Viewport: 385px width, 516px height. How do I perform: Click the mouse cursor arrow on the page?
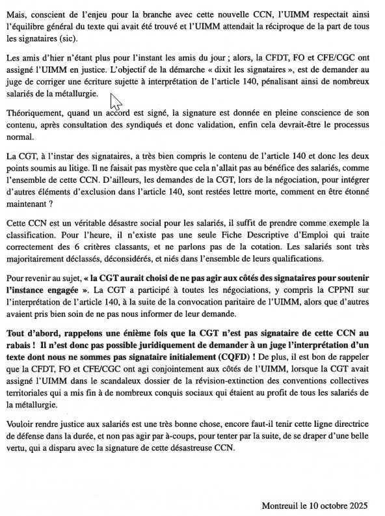click(x=116, y=102)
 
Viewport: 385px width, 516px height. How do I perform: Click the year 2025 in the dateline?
click(x=357, y=505)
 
